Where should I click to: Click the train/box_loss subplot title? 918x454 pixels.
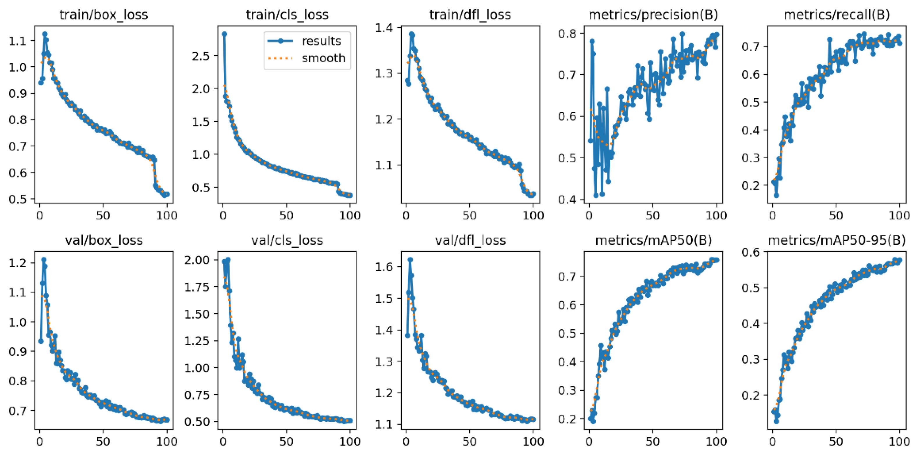(x=104, y=15)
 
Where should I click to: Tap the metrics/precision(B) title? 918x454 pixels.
(x=653, y=15)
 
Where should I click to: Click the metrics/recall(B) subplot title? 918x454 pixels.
(x=837, y=15)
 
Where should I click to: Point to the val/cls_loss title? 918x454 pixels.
(x=287, y=241)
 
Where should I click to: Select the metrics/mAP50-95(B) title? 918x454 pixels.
(x=837, y=241)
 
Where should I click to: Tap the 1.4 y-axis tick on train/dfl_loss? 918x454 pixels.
(x=384, y=28)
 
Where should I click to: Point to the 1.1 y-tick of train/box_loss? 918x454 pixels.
(x=18, y=41)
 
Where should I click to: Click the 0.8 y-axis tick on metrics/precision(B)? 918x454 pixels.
(x=568, y=33)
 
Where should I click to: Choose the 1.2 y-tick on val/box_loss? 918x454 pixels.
(x=18, y=263)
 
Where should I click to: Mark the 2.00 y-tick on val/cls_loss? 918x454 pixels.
(x=197, y=260)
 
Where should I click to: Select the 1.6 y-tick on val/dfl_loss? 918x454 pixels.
(x=384, y=267)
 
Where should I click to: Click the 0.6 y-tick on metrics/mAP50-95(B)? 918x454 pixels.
(x=751, y=252)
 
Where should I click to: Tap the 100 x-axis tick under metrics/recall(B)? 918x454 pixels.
(x=899, y=216)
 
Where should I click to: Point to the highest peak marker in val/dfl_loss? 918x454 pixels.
(x=410, y=260)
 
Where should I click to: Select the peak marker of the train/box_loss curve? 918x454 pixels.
(x=45, y=34)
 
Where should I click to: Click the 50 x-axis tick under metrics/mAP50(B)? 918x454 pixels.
(x=653, y=441)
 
